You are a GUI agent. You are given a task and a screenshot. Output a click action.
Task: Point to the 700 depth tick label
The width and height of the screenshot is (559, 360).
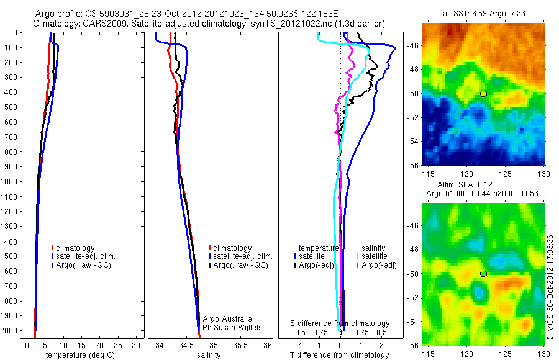coord(12,137)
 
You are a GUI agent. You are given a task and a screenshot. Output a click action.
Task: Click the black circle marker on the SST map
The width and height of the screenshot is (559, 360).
coord(483,93)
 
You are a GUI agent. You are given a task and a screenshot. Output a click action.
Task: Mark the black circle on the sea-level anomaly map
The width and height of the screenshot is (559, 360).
coord(483,273)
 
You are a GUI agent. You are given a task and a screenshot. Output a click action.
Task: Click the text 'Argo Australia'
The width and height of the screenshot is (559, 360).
coord(228,318)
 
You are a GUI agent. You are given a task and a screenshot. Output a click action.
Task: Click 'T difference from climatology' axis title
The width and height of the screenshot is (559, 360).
coord(339,355)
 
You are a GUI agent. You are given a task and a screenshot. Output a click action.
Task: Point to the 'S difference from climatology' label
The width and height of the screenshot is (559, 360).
coord(340,323)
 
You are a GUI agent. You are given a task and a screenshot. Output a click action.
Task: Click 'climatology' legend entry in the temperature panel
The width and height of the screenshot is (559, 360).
coord(77,248)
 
